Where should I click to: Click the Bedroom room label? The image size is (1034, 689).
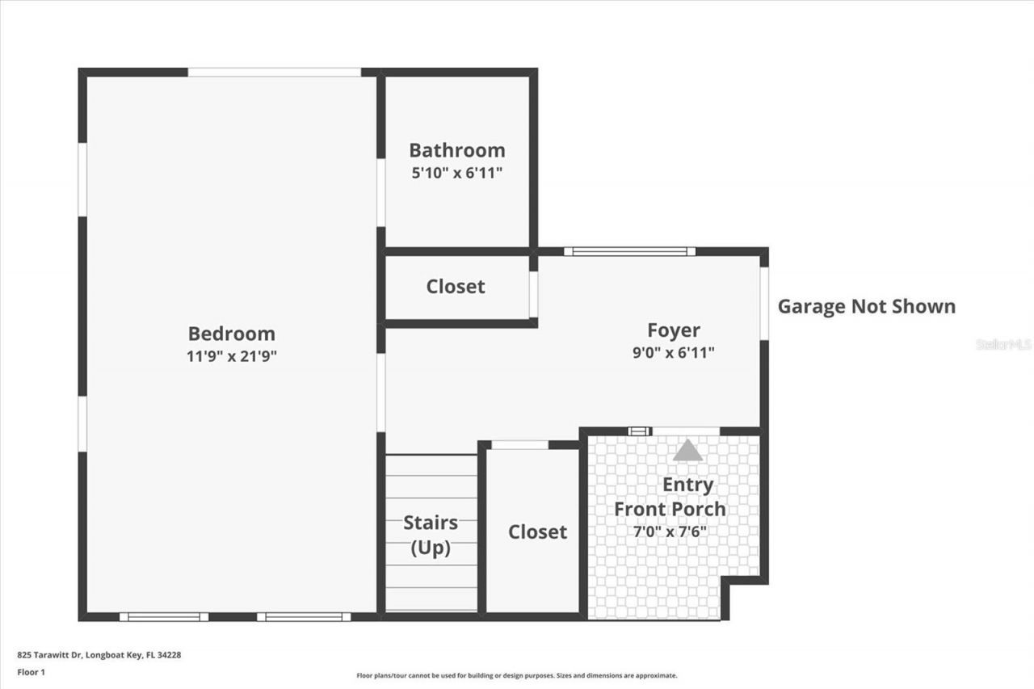[231, 334]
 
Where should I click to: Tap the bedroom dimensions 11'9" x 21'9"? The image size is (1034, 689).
[231, 356]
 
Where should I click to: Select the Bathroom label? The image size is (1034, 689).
[456, 150]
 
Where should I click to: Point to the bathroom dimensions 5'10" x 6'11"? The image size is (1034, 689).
[456, 172]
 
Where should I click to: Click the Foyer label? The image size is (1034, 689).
[673, 330]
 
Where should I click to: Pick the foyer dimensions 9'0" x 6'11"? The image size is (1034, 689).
[673, 352]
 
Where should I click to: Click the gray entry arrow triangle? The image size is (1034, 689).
[687, 450]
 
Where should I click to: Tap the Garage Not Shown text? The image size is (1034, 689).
[866, 306]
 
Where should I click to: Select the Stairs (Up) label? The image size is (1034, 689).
[431, 535]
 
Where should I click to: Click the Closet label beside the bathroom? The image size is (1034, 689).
[456, 287]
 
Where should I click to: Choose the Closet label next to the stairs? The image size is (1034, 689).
[537, 531]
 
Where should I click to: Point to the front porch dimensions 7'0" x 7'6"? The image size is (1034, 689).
[670, 531]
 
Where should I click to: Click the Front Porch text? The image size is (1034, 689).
[670, 509]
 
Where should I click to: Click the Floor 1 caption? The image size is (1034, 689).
[31, 672]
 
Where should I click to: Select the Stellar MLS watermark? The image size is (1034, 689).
[1003, 344]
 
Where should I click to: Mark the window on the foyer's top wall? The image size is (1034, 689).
[629, 251]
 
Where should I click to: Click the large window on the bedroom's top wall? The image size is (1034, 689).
[275, 72]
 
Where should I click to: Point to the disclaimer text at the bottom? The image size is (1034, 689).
[517, 675]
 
